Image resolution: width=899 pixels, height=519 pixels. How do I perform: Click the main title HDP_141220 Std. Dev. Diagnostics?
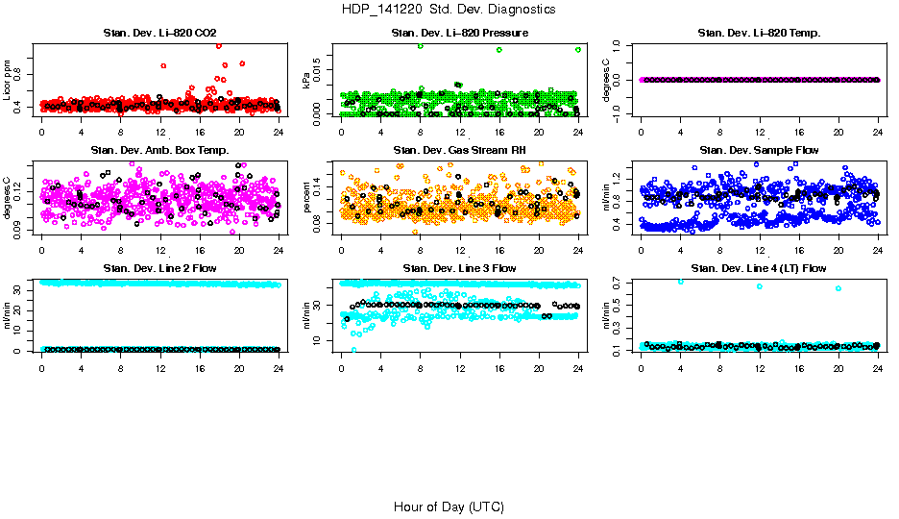(x=448, y=9)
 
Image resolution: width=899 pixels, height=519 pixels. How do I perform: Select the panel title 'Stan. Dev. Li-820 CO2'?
(x=159, y=34)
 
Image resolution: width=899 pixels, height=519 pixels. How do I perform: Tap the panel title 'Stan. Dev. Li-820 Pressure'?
(x=459, y=34)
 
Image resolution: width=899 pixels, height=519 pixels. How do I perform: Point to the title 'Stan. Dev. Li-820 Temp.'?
(x=759, y=34)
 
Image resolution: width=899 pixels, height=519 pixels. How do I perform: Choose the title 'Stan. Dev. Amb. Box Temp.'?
(x=159, y=151)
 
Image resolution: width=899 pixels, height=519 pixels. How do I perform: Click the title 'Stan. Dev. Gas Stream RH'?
(x=459, y=151)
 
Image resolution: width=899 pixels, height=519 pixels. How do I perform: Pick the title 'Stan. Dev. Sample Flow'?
(x=759, y=151)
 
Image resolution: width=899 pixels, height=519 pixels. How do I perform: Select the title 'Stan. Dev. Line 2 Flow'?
(x=159, y=268)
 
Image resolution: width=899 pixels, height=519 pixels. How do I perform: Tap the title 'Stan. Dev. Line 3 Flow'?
(x=459, y=268)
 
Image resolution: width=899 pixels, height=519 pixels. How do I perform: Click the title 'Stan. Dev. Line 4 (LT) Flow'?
(x=759, y=268)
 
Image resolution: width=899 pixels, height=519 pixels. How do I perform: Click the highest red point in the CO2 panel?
(x=220, y=45)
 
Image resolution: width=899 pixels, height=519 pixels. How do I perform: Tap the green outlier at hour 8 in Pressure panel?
(x=421, y=46)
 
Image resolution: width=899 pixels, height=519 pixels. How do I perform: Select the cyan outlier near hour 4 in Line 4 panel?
(x=680, y=281)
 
